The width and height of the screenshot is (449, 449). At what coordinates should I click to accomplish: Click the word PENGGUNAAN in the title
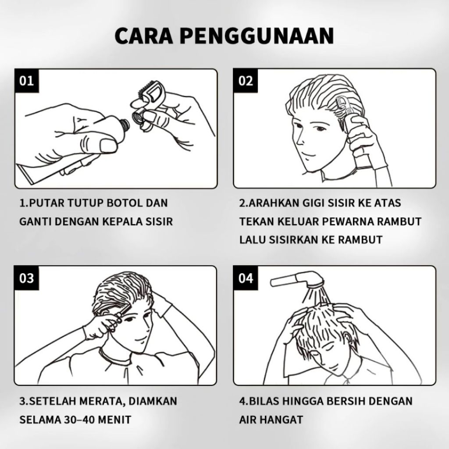pos(257,36)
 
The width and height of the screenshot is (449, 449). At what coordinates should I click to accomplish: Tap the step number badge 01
pos(27,81)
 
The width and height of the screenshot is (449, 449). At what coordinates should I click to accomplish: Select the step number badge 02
pos(246,81)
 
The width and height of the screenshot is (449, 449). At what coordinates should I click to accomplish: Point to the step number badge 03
pos(27,278)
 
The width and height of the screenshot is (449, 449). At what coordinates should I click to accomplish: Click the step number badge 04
pos(246,278)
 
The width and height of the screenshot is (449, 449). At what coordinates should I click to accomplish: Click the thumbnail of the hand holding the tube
pos(108,145)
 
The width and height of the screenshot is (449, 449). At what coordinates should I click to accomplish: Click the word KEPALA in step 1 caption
pos(123,221)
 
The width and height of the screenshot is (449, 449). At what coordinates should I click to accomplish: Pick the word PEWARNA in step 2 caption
pos(347,221)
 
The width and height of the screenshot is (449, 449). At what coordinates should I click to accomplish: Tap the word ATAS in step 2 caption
pos(388,203)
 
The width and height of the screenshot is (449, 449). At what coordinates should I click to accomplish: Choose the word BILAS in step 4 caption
pos(264,401)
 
